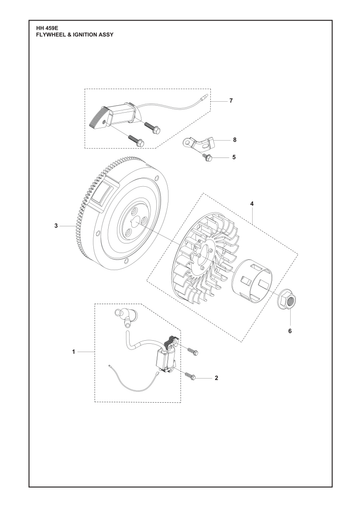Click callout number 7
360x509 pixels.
point(231,101)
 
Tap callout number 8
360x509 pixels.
point(234,140)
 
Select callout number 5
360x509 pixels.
point(234,157)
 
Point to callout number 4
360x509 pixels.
point(252,203)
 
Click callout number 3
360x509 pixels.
point(56,226)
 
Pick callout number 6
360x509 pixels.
point(290,331)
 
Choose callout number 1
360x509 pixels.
point(74,352)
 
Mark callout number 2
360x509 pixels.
point(216,378)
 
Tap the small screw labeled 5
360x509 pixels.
point(207,157)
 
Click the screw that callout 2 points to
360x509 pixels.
point(191,376)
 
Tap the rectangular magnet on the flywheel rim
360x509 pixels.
point(103,194)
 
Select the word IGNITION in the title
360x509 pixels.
point(85,35)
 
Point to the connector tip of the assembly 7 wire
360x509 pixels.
point(204,97)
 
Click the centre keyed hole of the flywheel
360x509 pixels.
point(135,222)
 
